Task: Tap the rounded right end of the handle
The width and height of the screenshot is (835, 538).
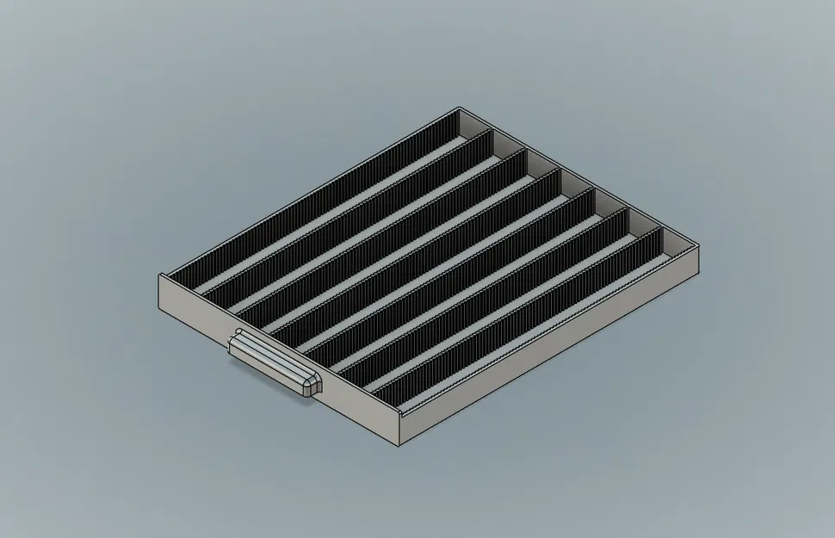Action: click(312, 385)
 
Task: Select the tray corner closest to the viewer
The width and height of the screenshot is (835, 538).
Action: click(399, 420)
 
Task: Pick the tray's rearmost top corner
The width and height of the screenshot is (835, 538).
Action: click(460, 108)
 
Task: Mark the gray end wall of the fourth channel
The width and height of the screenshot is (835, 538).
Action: click(575, 186)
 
